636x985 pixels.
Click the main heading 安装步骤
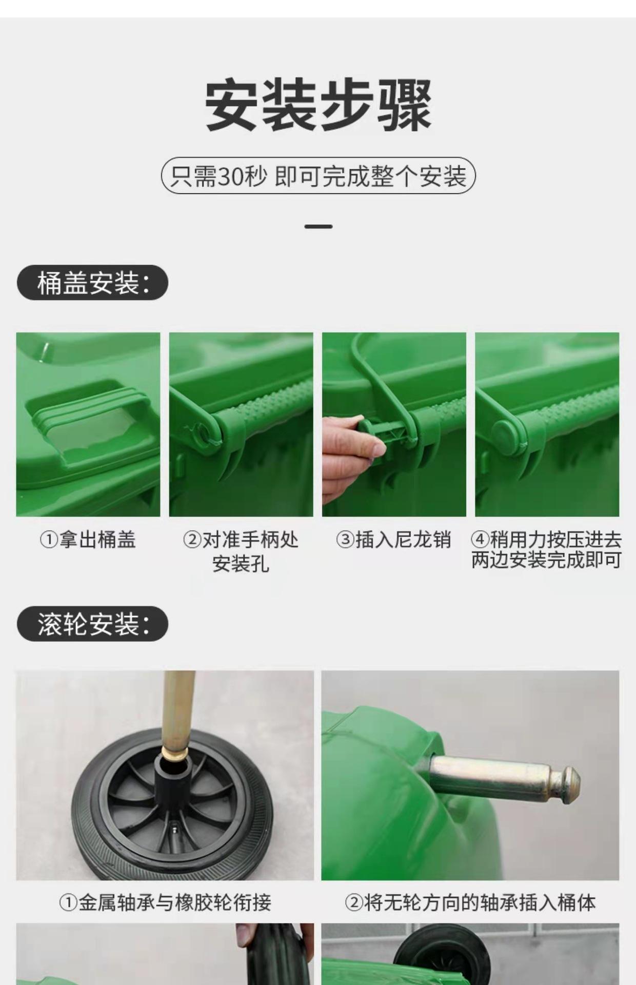(318, 106)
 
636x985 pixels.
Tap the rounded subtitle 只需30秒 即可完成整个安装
(319, 175)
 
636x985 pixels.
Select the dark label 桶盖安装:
(92, 283)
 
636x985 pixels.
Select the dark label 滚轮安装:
(92, 624)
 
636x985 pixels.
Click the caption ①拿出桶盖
(88, 540)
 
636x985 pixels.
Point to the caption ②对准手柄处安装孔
(241, 551)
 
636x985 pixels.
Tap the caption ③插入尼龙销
(393, 540)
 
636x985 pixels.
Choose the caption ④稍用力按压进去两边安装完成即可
(547, 550)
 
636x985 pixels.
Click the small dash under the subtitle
(318, 226)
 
